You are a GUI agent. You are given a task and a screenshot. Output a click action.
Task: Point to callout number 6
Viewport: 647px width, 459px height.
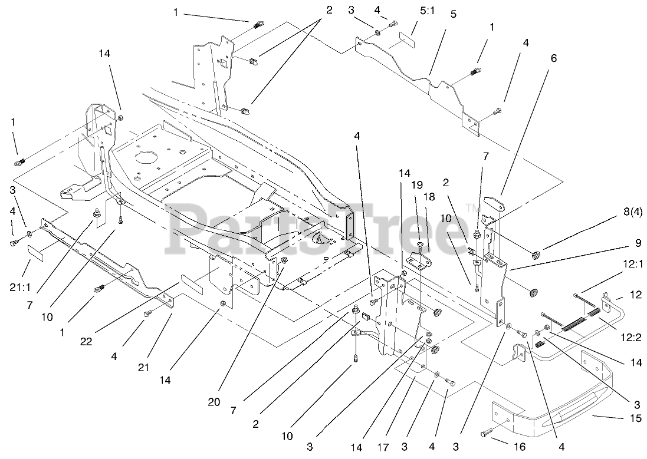[553, 58]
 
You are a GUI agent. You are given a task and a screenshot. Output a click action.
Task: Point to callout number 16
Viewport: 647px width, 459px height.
[519, 447]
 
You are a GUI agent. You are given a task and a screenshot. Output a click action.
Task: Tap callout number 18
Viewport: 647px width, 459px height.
[429, 197]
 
